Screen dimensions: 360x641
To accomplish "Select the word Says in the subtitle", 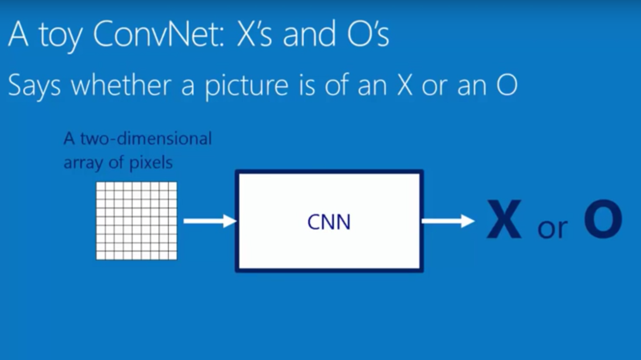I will point(34,86).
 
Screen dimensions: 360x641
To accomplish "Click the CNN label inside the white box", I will point(329,222).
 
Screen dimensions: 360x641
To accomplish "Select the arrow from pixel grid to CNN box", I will point(209,221).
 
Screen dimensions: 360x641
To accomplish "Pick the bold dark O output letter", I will point(603,220).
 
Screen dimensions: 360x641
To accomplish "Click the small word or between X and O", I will point(552,228).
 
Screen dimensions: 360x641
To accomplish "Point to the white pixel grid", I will point(137,221).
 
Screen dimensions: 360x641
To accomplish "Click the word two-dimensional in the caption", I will point(146,139).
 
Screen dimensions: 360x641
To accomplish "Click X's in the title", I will point(253,34).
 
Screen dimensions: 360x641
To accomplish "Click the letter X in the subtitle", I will point(405,85).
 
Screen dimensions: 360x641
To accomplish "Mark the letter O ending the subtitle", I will point(506,85).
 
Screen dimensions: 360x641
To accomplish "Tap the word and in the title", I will point(309,34).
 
